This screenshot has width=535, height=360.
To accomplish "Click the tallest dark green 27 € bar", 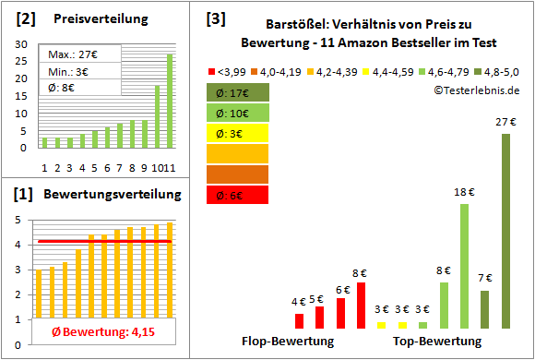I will pos(505,231).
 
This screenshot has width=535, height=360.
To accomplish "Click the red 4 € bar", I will pos(299,320).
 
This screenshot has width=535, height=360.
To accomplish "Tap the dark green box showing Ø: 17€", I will pos(238,92).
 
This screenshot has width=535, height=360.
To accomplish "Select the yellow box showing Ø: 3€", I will pos(238,133).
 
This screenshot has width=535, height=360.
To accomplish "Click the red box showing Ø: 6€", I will pos(238,194).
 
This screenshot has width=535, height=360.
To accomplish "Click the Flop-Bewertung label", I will pos(288,342).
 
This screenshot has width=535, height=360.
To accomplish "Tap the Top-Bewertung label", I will pos(437,342).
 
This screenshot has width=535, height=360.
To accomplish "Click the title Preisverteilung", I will pos(90,18).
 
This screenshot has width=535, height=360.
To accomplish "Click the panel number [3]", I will pos(215,18).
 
